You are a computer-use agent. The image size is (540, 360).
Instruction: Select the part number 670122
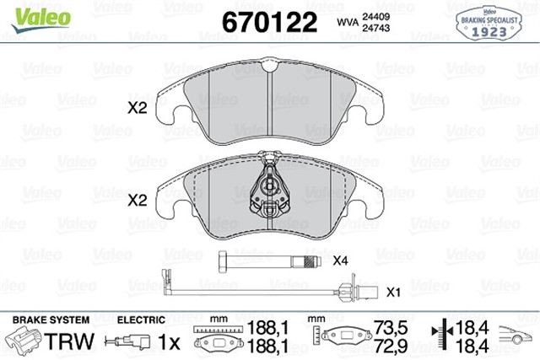point(268,22)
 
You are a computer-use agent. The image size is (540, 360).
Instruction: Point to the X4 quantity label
point(341,261)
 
